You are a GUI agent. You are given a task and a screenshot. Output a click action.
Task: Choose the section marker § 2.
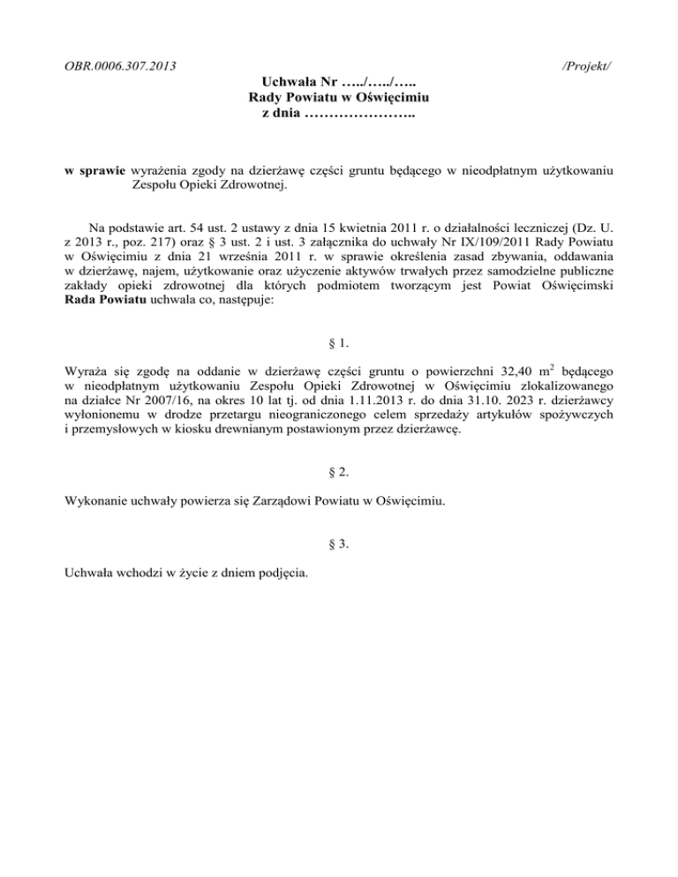point(339,471)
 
